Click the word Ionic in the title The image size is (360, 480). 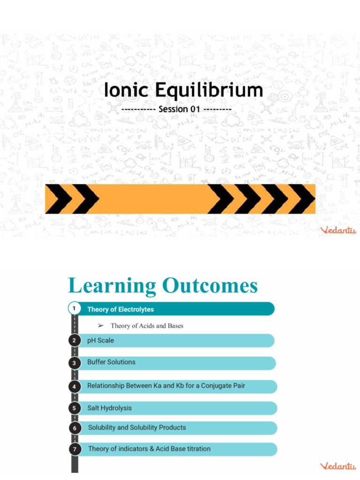tap(125, 90)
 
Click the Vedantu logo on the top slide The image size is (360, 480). tap(337, 230)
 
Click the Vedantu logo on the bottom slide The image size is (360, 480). tap(337, 466)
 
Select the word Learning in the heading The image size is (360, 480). tap(112, 286)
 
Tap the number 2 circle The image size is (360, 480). tap(74, 341)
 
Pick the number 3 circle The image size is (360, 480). tap(74, 363)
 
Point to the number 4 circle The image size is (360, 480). tap(74, 387)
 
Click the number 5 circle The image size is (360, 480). tap(74, 408)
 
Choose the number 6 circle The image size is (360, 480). tap(74, 428)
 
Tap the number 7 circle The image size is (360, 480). tap(74, 449)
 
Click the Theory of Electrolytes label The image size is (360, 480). tap(120, 309)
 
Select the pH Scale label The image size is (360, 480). tap(100, 341)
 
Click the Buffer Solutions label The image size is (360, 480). tap(111, 362)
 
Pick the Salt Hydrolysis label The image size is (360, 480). tap(109, 408)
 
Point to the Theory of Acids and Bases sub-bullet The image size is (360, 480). tap(147, 326)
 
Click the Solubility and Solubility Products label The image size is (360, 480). tap(137, 427)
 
